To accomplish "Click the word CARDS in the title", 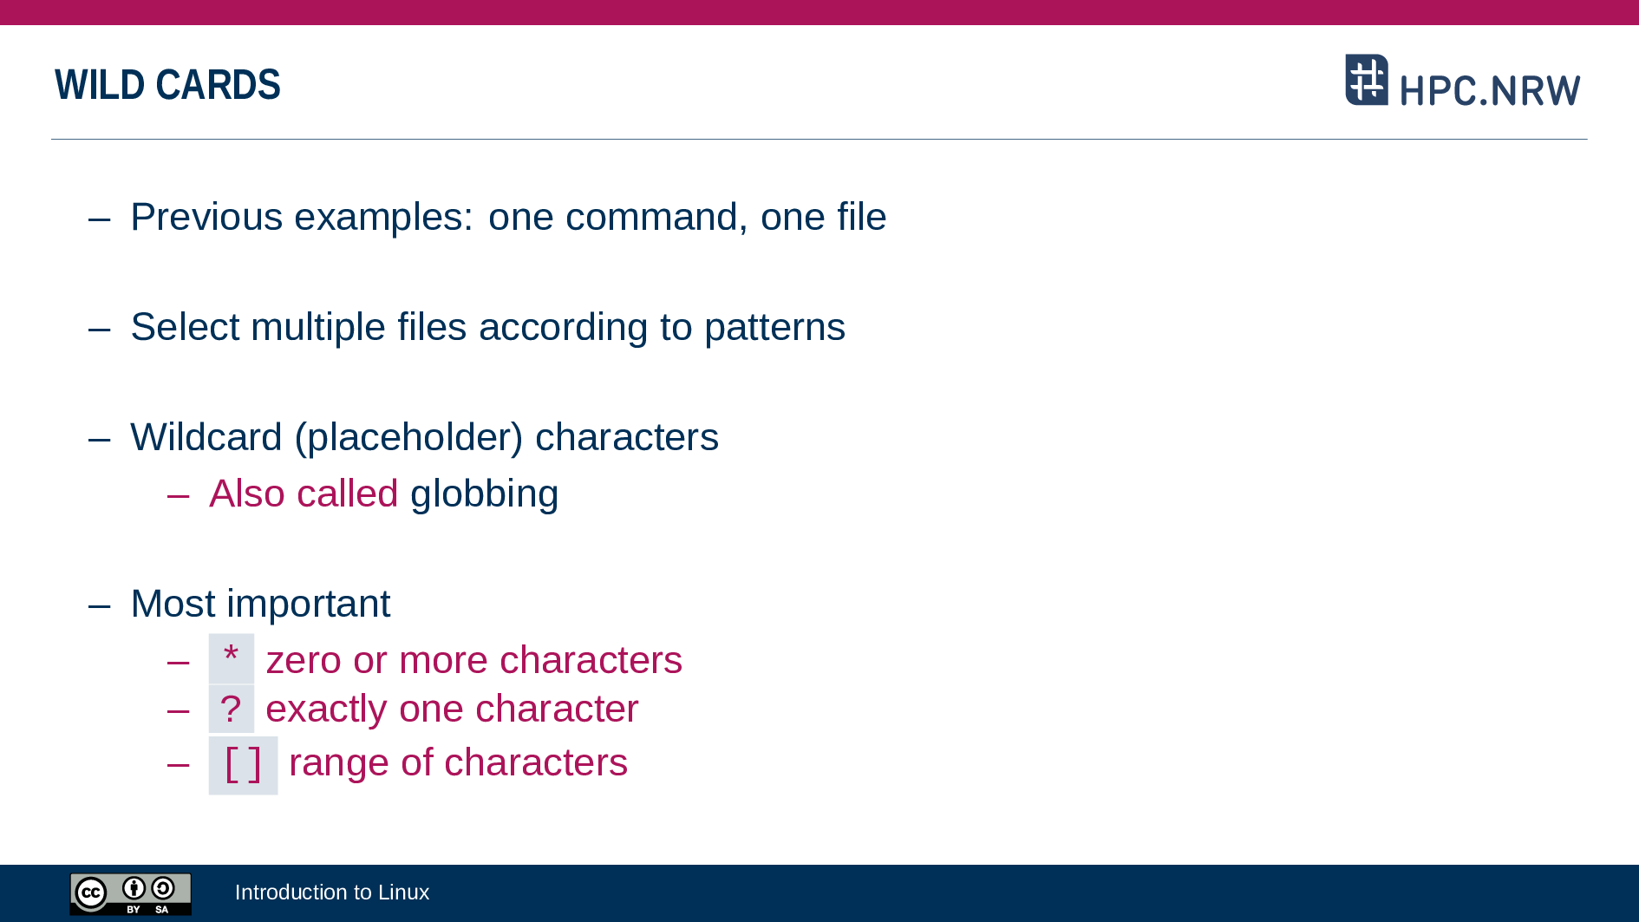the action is tap(218, 85).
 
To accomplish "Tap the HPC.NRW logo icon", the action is tap(1367, 80).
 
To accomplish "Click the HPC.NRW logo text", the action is tap(1490, 90).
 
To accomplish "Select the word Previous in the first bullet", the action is tap(206, 217).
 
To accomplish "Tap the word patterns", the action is tap(774, 327).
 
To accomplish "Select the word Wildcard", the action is tap(206, 437).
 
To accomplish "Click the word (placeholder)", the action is tap(408, 438).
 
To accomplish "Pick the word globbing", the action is tap(484, 494).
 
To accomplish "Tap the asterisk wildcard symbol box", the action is tap(232, 658).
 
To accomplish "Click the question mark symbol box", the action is tap(232, 709).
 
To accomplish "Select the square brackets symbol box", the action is tap(243, 765).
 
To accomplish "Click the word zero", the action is tap(304, 660).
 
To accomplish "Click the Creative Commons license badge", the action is tap(131, 893).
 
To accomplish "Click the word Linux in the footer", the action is tap(403, 892).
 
